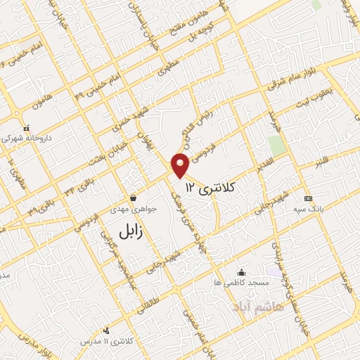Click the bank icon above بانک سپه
(307, 198)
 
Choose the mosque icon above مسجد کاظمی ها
(242, 272)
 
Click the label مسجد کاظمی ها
(243, 283)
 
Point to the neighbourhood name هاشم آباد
(260, 307)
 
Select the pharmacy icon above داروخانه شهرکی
(27, 129)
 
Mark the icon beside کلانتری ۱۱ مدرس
(106, 330)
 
